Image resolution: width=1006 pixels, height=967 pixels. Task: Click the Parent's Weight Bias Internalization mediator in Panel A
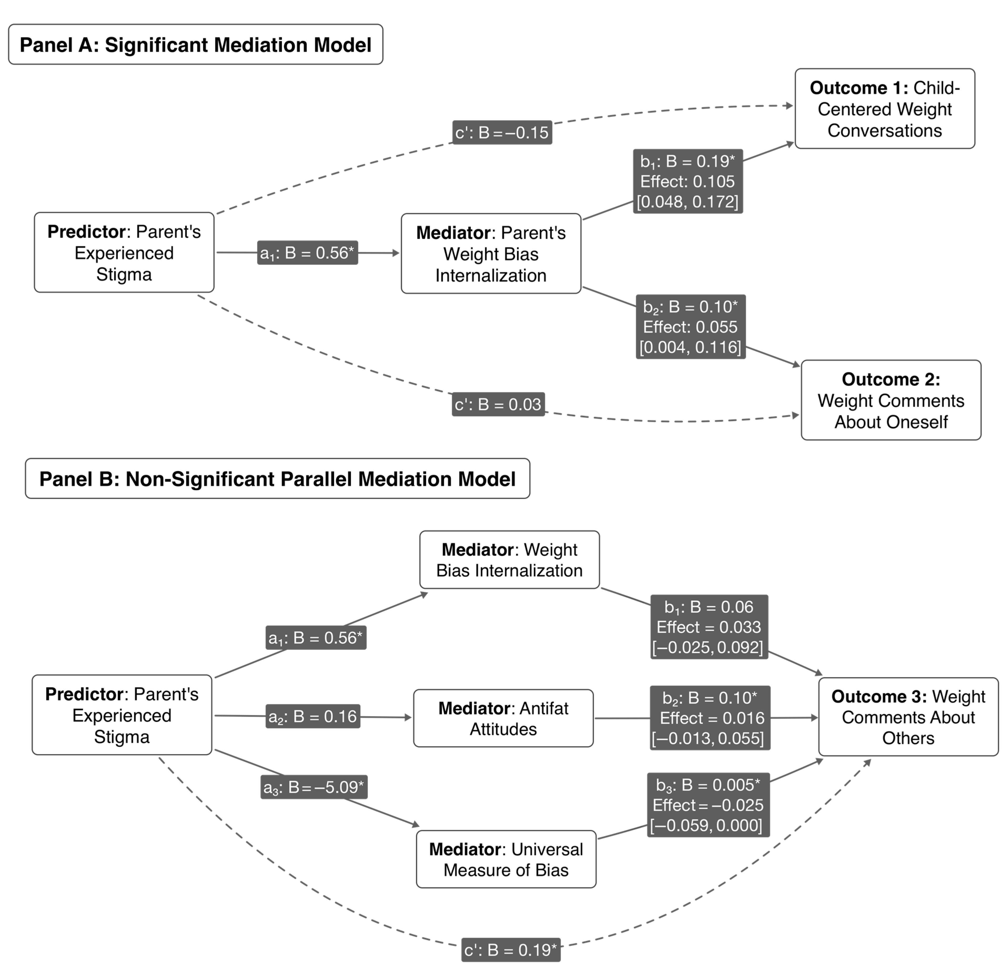pos(491,254)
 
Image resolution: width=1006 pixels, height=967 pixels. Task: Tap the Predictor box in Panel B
pos(122,715)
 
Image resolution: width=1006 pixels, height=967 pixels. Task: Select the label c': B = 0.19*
pos(511,950)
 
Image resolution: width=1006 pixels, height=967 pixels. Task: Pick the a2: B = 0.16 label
pos(312,716)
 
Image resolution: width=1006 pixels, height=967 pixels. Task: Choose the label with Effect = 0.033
pos(709,626)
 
